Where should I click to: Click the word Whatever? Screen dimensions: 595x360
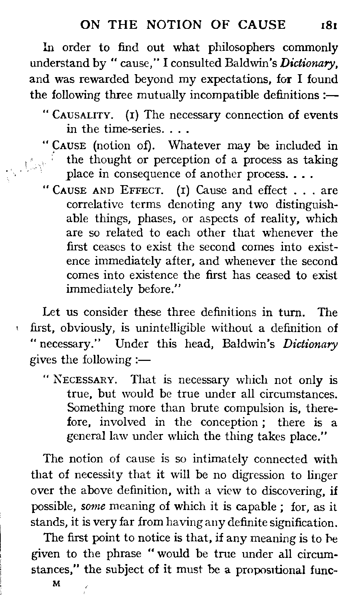coord(194,146)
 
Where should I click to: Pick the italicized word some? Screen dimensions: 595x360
coord(93,507)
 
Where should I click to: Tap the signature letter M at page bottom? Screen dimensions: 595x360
coord(56,583)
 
